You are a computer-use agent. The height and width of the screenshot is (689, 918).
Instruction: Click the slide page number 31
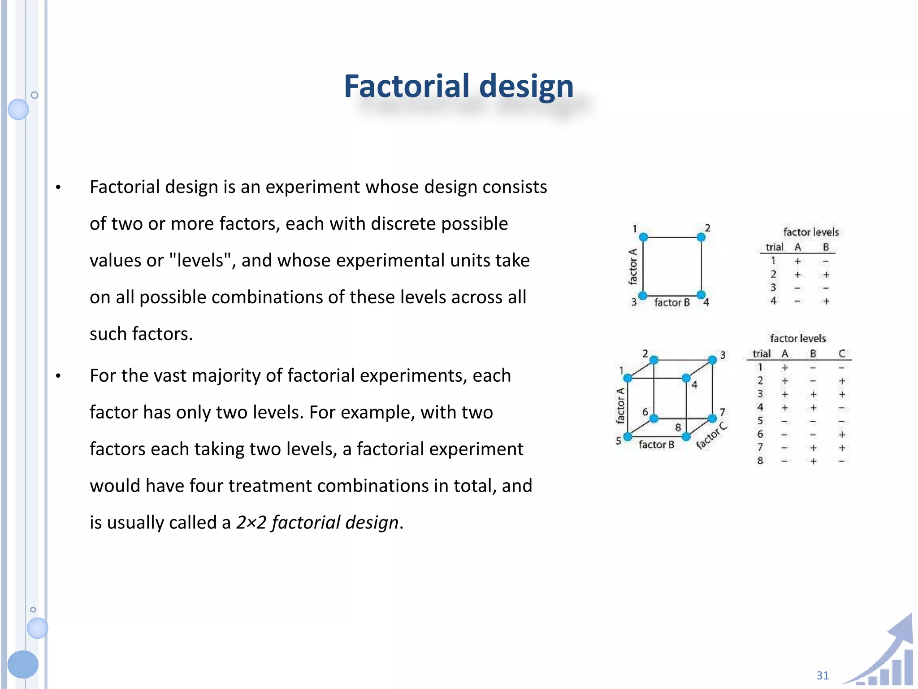click(823, 675)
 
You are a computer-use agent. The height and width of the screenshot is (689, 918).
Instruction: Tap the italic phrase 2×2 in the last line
click(251, 523)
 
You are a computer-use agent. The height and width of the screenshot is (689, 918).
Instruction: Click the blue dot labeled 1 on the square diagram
click(643, 237)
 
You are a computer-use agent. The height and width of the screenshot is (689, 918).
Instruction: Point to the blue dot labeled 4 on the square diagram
click(701, 295)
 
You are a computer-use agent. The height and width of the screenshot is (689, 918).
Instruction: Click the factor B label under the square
click(672, 303)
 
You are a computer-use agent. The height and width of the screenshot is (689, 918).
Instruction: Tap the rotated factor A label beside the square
click(632, 266)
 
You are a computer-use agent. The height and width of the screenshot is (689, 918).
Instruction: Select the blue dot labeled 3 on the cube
click(712, 360)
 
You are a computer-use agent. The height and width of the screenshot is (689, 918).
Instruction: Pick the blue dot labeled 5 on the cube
click(628, 436)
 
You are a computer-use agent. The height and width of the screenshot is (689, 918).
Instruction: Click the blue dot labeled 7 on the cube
click(712, 418)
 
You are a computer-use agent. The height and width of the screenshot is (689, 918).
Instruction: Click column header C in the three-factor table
click(842, 353)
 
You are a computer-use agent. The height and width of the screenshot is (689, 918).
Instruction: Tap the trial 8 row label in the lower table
click(760, 461)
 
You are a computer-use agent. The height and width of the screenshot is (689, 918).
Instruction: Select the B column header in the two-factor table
click(826, 247)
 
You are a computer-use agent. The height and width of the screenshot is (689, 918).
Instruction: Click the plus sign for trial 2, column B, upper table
click(826, 275)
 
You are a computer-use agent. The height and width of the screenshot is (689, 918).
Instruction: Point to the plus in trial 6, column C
click(842, 434)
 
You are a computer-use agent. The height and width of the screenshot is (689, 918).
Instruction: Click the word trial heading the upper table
click(774, 247)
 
